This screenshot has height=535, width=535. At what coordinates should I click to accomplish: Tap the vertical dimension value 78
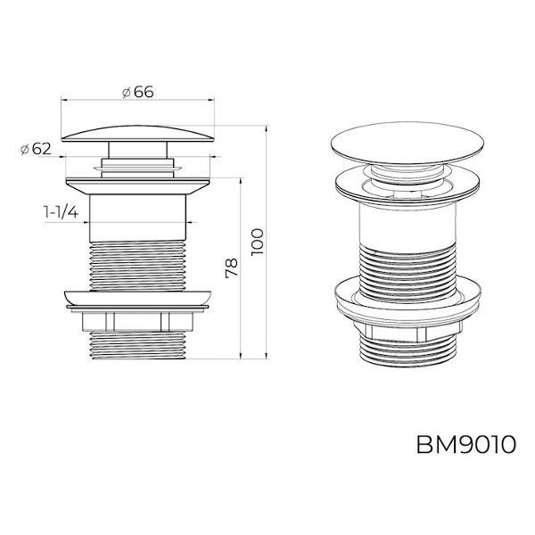point(229,268)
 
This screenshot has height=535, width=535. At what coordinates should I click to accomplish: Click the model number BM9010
point(464,443)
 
